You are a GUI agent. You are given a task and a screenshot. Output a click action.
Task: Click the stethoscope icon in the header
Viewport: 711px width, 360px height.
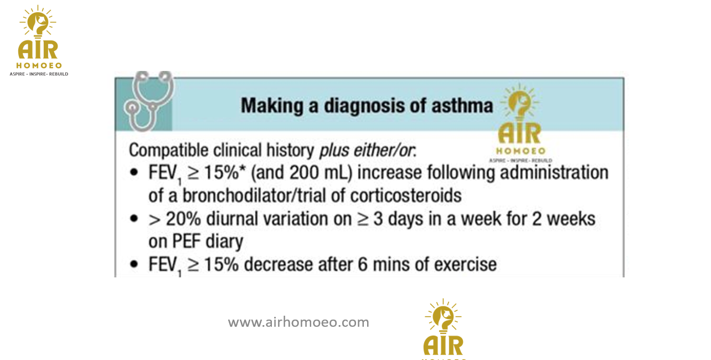149,101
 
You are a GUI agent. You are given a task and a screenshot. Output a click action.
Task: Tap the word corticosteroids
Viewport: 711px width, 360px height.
406,196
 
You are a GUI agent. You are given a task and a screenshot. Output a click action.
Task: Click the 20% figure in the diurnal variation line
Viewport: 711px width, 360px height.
183,219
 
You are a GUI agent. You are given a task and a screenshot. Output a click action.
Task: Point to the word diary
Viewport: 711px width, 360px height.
224,242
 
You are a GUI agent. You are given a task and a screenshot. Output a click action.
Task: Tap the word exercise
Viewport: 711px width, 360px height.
465,264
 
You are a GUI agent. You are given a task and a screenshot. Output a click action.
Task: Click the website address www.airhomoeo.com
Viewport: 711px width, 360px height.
298,322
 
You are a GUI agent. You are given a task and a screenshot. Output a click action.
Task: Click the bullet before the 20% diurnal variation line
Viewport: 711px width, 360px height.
134,218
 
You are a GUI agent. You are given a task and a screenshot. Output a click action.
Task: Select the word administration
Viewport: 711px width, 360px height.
554,173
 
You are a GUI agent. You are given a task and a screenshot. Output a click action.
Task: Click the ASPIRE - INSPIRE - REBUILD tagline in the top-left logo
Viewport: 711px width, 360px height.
39,74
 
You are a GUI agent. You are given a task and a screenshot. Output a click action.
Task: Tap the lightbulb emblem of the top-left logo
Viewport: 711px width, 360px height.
38,22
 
